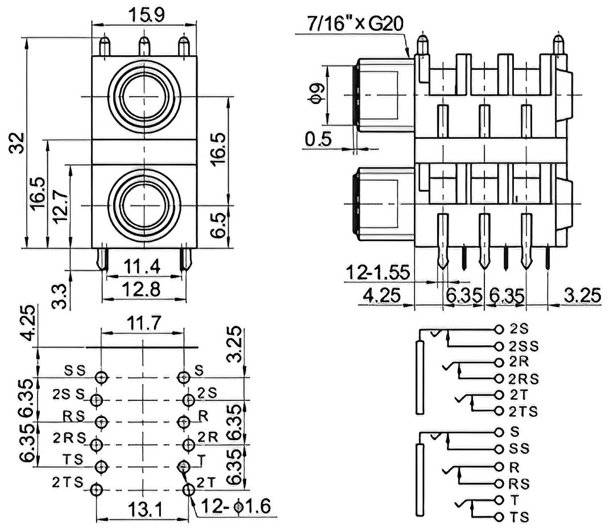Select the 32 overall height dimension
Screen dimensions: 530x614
[x=18, y=143]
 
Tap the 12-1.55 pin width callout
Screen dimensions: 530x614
[x=378, y=273]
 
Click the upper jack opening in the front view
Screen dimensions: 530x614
[x=144, y=97]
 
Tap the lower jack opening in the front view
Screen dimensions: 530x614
[x=144, y=204]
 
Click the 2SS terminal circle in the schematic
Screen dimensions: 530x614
[x=499, y=346]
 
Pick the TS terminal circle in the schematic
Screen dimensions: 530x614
[x=499, y=517]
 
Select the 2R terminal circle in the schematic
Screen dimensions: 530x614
[x=499, y=362]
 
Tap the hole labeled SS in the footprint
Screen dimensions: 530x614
[x=102, y=377]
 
